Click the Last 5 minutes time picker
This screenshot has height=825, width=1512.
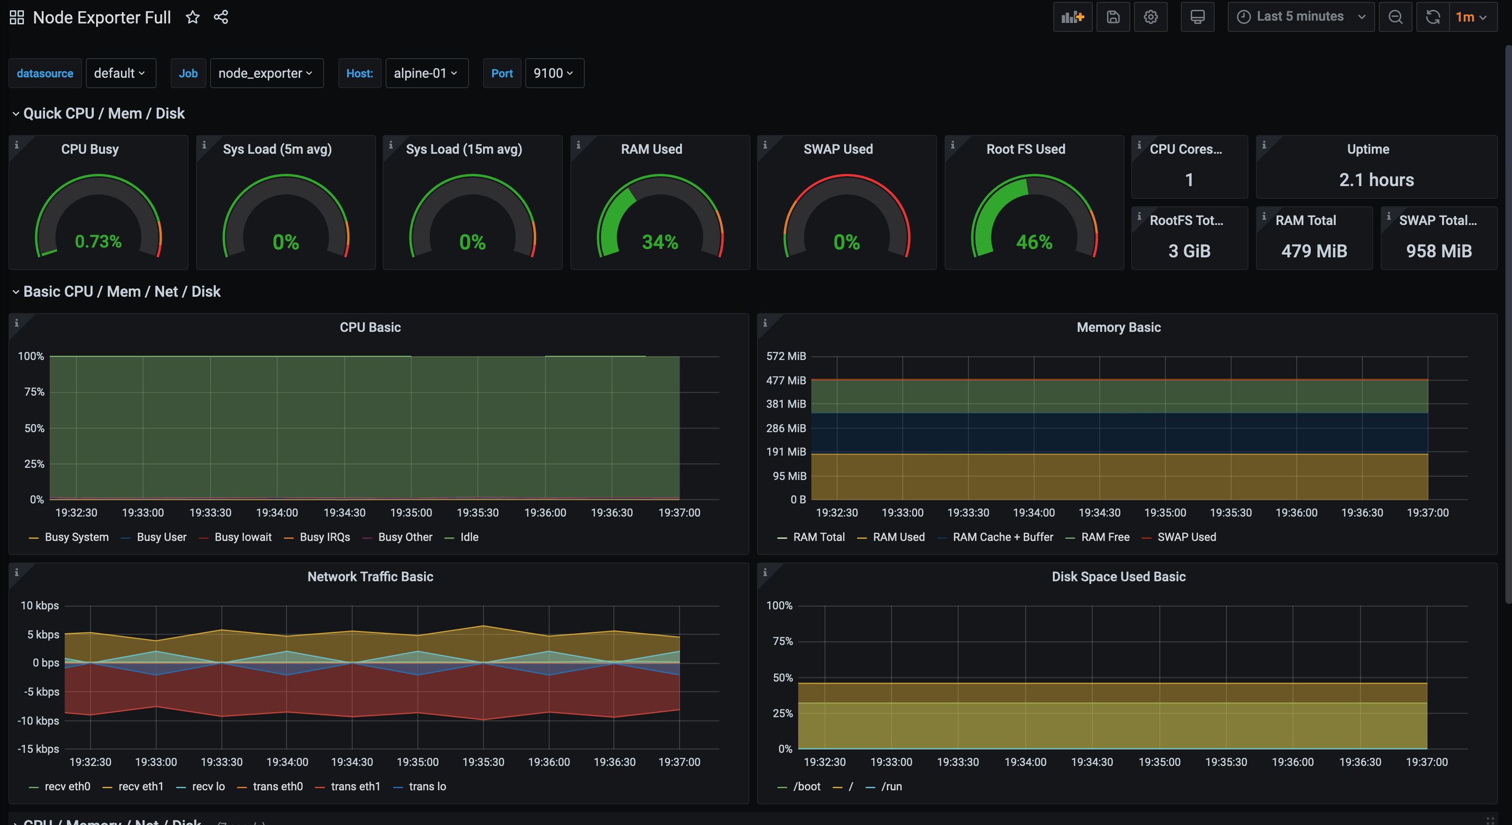click(x=1300, y=17)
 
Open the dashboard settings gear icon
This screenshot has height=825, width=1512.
click(x=1150, y=17)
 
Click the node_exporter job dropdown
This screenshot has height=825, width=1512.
click(x=266, y=73)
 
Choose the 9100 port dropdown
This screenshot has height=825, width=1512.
click(x=553, y=73)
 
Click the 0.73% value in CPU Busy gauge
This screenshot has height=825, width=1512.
click(x=98, y=241)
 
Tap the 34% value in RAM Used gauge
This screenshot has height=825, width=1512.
click(x=660, y=242)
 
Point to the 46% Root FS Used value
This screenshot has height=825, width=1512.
click(x=1034, y=242)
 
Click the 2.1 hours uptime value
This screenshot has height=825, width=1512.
click(x=1376, y=180)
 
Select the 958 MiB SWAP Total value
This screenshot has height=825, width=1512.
click(x=1439, y=251)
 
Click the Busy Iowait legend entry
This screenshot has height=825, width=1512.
click(x=242, y=537)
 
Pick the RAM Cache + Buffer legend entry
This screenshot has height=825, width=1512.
click(x=1003, y=537)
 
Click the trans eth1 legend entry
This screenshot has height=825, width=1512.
click(x=355, y=786)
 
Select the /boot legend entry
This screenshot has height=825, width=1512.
click(x=807, y=786)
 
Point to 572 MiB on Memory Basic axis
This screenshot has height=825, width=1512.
click(x=786, y=356)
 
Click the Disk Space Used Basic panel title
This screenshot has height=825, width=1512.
click(x=1118, y=576)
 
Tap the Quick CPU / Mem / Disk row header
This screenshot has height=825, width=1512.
click(x=104, y=113)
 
